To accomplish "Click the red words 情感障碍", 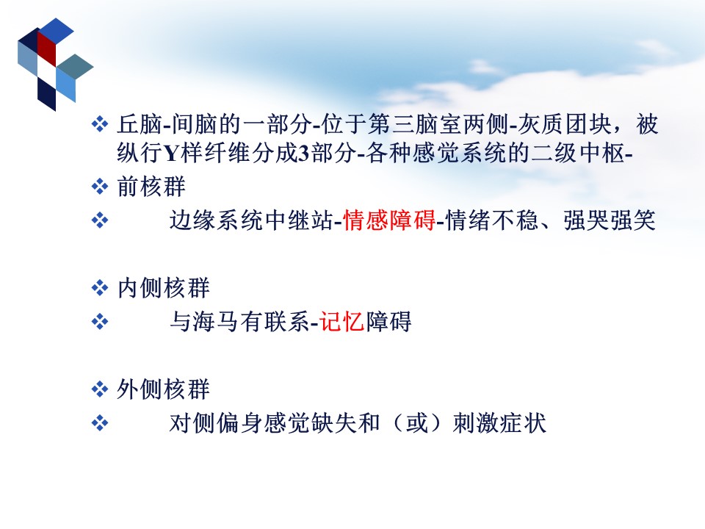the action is point(389,220).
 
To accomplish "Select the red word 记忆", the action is point(342,322).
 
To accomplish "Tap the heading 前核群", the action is point(151,187).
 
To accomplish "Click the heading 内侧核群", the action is point(163,288).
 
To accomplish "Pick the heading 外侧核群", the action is point(163,389).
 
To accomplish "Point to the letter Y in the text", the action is point(173,154).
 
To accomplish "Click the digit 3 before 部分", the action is point(304,154).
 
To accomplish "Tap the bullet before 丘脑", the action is point(99,123).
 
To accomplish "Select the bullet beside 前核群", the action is point(99,186).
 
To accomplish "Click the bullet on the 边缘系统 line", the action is point(99,220).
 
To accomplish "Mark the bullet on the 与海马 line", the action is point(99,322).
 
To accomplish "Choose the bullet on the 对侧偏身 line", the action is point(99,423).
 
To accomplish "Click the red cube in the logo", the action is point(46,48).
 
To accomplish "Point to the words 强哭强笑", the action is point(610,220).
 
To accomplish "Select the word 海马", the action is point(216,322).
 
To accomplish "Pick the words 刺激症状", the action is point(499,423).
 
